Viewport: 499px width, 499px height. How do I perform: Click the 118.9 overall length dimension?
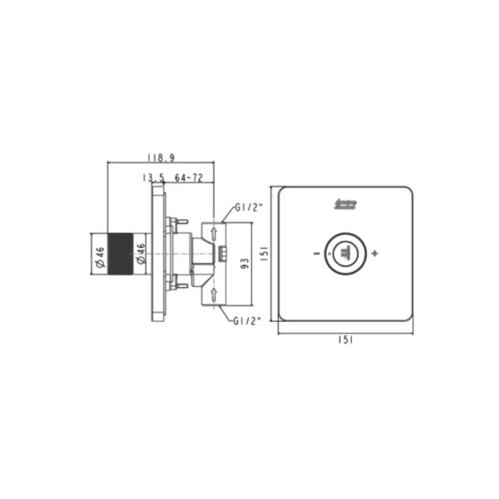tap(160, 156)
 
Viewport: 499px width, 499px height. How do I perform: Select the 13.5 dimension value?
tap(154, 178)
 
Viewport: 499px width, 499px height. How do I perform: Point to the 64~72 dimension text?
tap(190, 178)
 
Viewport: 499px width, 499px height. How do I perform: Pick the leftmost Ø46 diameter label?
tap(99, 258)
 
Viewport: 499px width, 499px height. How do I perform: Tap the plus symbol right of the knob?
tap(376, 252)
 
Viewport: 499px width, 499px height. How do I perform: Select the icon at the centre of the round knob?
tap(345, 252)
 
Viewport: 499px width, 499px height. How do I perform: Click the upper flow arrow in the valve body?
tap(214, 232)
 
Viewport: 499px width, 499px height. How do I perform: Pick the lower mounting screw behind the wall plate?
tap(173, 286)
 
